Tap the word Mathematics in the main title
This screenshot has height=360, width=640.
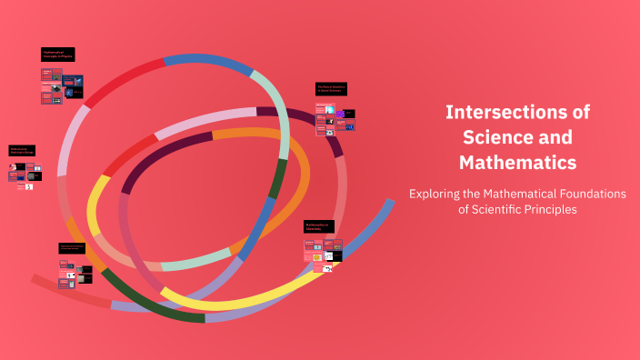517,163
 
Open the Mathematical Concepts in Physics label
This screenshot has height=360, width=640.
57,55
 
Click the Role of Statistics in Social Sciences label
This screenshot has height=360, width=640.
331,89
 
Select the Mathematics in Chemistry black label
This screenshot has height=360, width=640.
319,225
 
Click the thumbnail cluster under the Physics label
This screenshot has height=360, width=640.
61,87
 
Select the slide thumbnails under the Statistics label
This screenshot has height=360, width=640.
335,119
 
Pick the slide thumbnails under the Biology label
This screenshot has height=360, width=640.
25,175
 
